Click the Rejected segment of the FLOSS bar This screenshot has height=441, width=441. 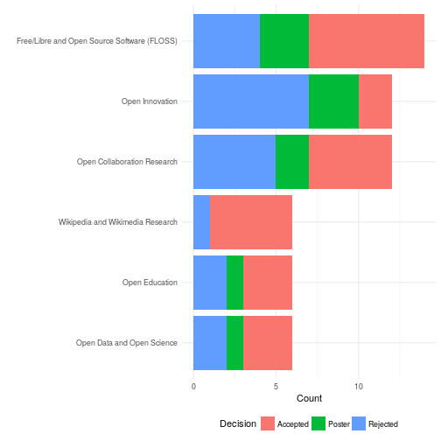tap(227, 41)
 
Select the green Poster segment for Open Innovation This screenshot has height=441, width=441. tap(333, 101)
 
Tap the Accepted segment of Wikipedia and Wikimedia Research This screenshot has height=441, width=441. tap(250, 222)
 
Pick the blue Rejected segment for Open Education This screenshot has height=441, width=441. tap(210, 283)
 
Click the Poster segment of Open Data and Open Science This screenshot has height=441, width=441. tap(234, 343)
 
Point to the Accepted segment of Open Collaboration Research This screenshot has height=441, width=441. tap(350, 162)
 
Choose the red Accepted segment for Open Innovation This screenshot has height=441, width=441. tap(374, 101)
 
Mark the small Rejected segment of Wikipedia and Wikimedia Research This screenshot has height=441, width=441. tap(201, 222)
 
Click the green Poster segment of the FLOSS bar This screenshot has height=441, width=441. tap(284, 41)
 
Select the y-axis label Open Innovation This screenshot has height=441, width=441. tap(150, 101)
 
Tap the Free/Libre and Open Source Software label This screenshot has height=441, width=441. tap(97, 41)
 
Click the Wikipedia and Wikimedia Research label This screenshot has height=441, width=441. tap(118, 222)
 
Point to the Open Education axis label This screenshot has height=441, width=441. tap(150, 283)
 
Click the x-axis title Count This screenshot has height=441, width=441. tap(309, 399)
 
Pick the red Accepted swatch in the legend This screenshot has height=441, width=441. tap(269, 423)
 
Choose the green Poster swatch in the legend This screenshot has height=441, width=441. tap(319, 423)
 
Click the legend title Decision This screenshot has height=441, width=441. tap(238, 423)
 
